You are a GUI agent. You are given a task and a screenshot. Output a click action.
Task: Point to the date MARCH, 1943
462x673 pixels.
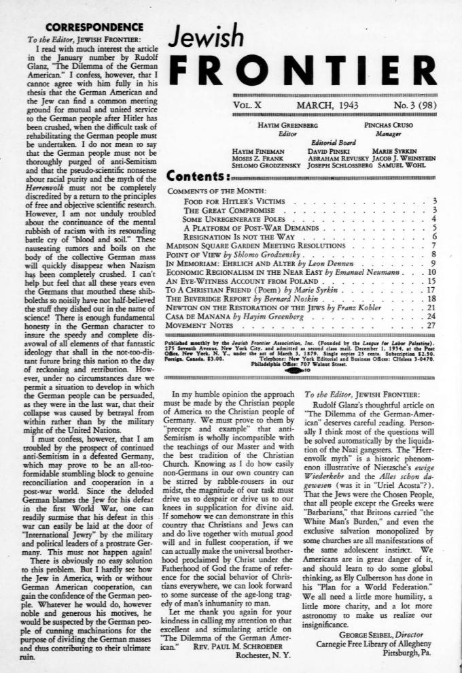coord(329,106)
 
